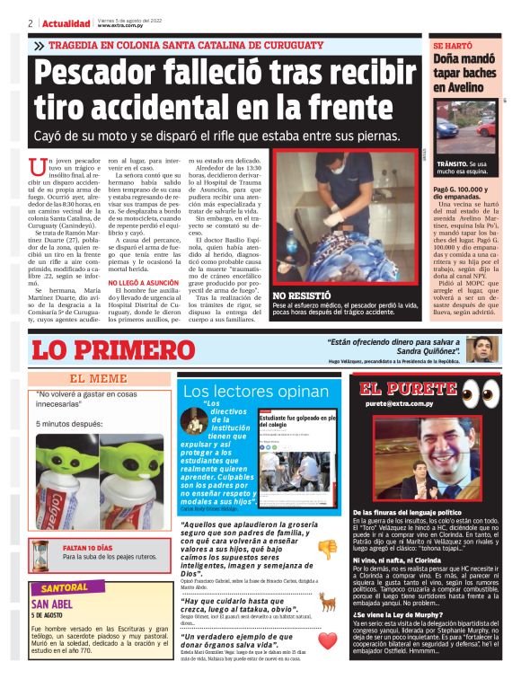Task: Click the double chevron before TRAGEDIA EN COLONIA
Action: point(40,45)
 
